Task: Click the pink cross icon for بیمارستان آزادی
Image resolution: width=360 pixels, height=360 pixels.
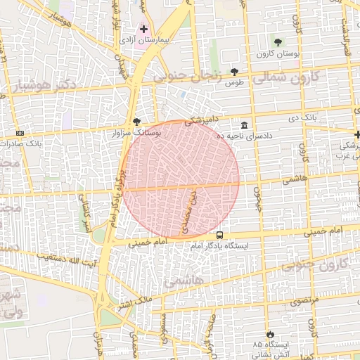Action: pyautogui.click(x=144, y=30)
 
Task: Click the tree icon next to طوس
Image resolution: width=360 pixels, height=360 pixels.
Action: pyautogui.click(x=234, y=72)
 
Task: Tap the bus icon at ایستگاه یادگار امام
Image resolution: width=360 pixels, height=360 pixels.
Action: pyautogui.click(x=220, y=236)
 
